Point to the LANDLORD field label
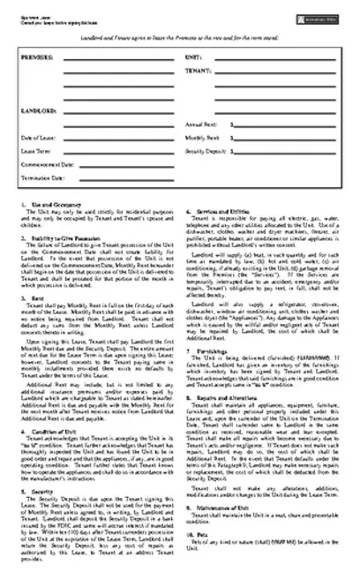pos(35,112)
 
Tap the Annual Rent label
pos(201,125)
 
